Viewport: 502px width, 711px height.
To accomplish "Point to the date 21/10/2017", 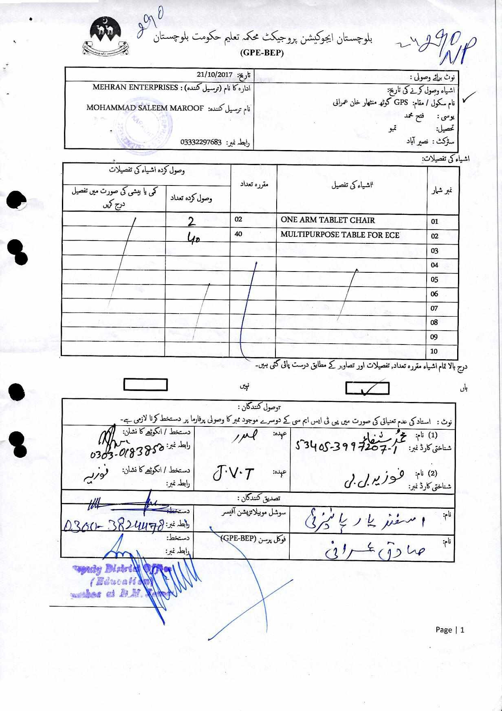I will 214,75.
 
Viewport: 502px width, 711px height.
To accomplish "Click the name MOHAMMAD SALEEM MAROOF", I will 145,108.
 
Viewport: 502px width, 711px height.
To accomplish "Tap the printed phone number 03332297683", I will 201,142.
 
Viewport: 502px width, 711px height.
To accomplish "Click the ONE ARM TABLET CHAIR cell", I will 328,220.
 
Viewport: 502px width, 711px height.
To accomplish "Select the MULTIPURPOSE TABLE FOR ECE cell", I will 340,235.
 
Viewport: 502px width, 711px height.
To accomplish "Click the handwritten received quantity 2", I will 191,221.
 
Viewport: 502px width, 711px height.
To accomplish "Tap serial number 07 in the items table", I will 434,308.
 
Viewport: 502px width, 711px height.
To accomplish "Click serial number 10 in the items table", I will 434,351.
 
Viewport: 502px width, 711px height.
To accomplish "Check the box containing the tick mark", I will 367,388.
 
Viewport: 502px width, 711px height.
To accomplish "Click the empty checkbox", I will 145,385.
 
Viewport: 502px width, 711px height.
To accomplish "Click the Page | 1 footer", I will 450,630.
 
